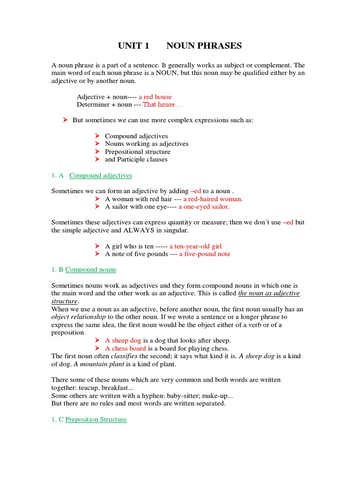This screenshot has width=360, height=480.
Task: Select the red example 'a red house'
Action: tap(155, 97)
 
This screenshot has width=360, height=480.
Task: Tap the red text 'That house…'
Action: tap(159, 105)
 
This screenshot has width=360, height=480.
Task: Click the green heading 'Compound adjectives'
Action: tap(101, 176)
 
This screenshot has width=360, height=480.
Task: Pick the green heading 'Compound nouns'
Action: tap(91, 270)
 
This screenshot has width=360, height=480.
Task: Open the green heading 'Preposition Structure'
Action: tap(96, 420)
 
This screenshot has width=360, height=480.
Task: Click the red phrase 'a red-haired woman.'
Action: tap(213, 199)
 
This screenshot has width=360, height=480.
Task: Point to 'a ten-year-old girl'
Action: tap(195, 246)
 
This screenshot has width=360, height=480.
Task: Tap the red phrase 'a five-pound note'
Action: tap(204, 254)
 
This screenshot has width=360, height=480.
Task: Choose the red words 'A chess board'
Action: tap(126, 348)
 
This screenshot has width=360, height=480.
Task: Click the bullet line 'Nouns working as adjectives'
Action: tap(147, 144)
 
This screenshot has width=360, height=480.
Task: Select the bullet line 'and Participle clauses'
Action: tap(136, 159)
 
